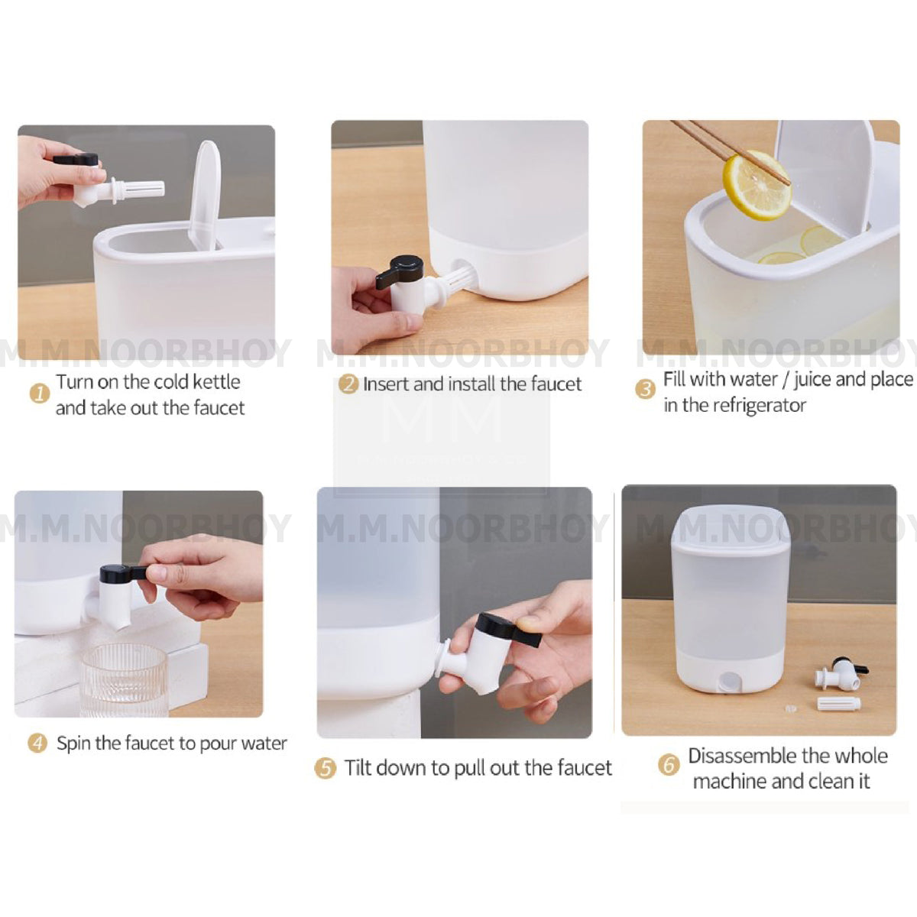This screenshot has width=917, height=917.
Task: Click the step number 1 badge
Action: (39, 394)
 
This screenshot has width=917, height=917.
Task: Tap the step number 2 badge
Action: (348, 384)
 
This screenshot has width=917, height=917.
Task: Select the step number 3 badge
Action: (646, 389)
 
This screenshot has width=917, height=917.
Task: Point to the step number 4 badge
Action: (37, 743)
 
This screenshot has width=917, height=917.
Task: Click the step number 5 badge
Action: (326, 768)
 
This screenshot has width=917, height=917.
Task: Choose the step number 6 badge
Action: (669, 765)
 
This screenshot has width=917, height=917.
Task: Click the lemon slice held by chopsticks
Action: (757, 185)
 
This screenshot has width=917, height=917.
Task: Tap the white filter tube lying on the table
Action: (838, 703)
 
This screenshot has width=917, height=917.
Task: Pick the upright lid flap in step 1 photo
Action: (206, 196)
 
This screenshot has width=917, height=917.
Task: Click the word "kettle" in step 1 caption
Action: (216, 381)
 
